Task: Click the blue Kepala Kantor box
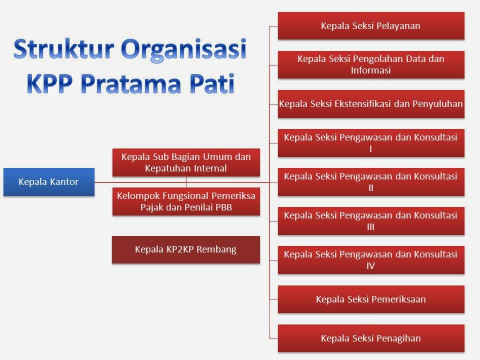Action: pyautogui.click(x=48, y=182)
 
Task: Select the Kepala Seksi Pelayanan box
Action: pyautogui.click(x=370, y=26)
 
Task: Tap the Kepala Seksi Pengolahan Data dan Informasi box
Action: pyautogui.click(x=370, y=64)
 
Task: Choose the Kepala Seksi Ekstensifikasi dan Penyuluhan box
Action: pyautogui.click(x=370, y=104)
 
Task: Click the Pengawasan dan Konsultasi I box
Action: pyautogui.click(x=370, y=143)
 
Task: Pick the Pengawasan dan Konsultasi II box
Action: pyautogui.click(x=370, y=182)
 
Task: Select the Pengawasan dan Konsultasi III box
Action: pyautogui.click(x=370, y=221)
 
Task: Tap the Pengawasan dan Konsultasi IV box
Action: pyautogui.click(x=370, y=260)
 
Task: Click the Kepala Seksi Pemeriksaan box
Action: pyautogui.click(x=370, y=299)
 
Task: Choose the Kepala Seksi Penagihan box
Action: pyautogui.click(x=370, y=338)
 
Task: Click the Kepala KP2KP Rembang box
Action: pyautogui.click(x=185, y=249)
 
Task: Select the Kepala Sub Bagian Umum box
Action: pyautogui.click(x=186, y=162)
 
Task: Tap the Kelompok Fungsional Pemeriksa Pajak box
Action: pyautogui.click(x=186, y=201)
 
